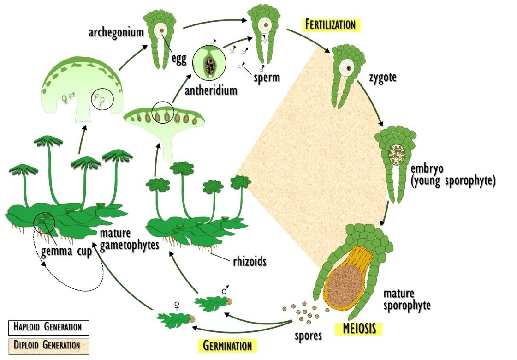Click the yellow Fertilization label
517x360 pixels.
(330, 24)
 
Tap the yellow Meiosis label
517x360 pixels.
(360, 329)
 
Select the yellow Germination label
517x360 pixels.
(227, 345)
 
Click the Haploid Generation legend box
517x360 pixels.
(48, 327)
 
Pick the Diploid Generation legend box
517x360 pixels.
(48, 345)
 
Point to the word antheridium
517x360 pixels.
(211, 90)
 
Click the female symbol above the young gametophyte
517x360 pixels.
(176, 305)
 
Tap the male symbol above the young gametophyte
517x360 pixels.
(226, 290)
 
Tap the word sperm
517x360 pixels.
(267, 77)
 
